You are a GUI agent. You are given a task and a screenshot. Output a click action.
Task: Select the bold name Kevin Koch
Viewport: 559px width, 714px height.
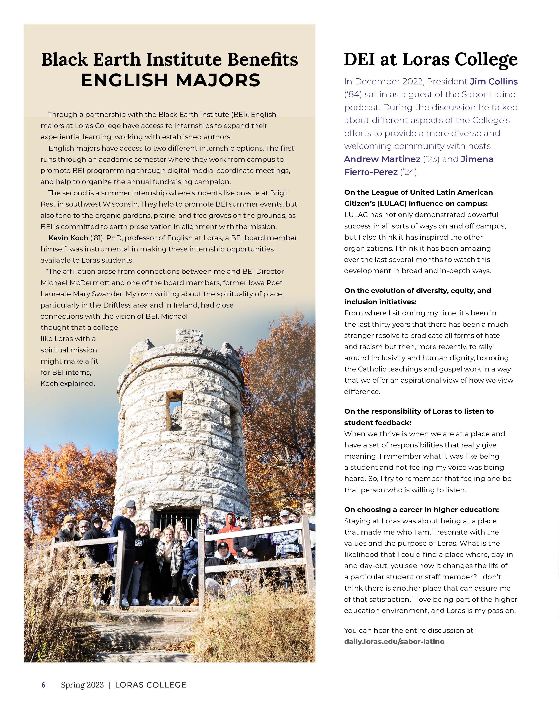click(x=68, y=238)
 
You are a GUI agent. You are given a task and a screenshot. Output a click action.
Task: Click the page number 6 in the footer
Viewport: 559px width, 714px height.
click(x=43, y=685)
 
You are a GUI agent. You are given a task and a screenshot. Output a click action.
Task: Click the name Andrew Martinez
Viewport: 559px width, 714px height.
click(x=382, y=159)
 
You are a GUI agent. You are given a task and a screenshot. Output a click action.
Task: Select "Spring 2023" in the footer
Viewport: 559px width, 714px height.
click(x=82, y=685)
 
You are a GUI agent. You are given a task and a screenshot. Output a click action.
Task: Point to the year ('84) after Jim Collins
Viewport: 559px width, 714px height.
click(x=352, y=95)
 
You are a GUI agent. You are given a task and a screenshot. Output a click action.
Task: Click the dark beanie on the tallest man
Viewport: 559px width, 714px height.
click(x=130, y=504)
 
